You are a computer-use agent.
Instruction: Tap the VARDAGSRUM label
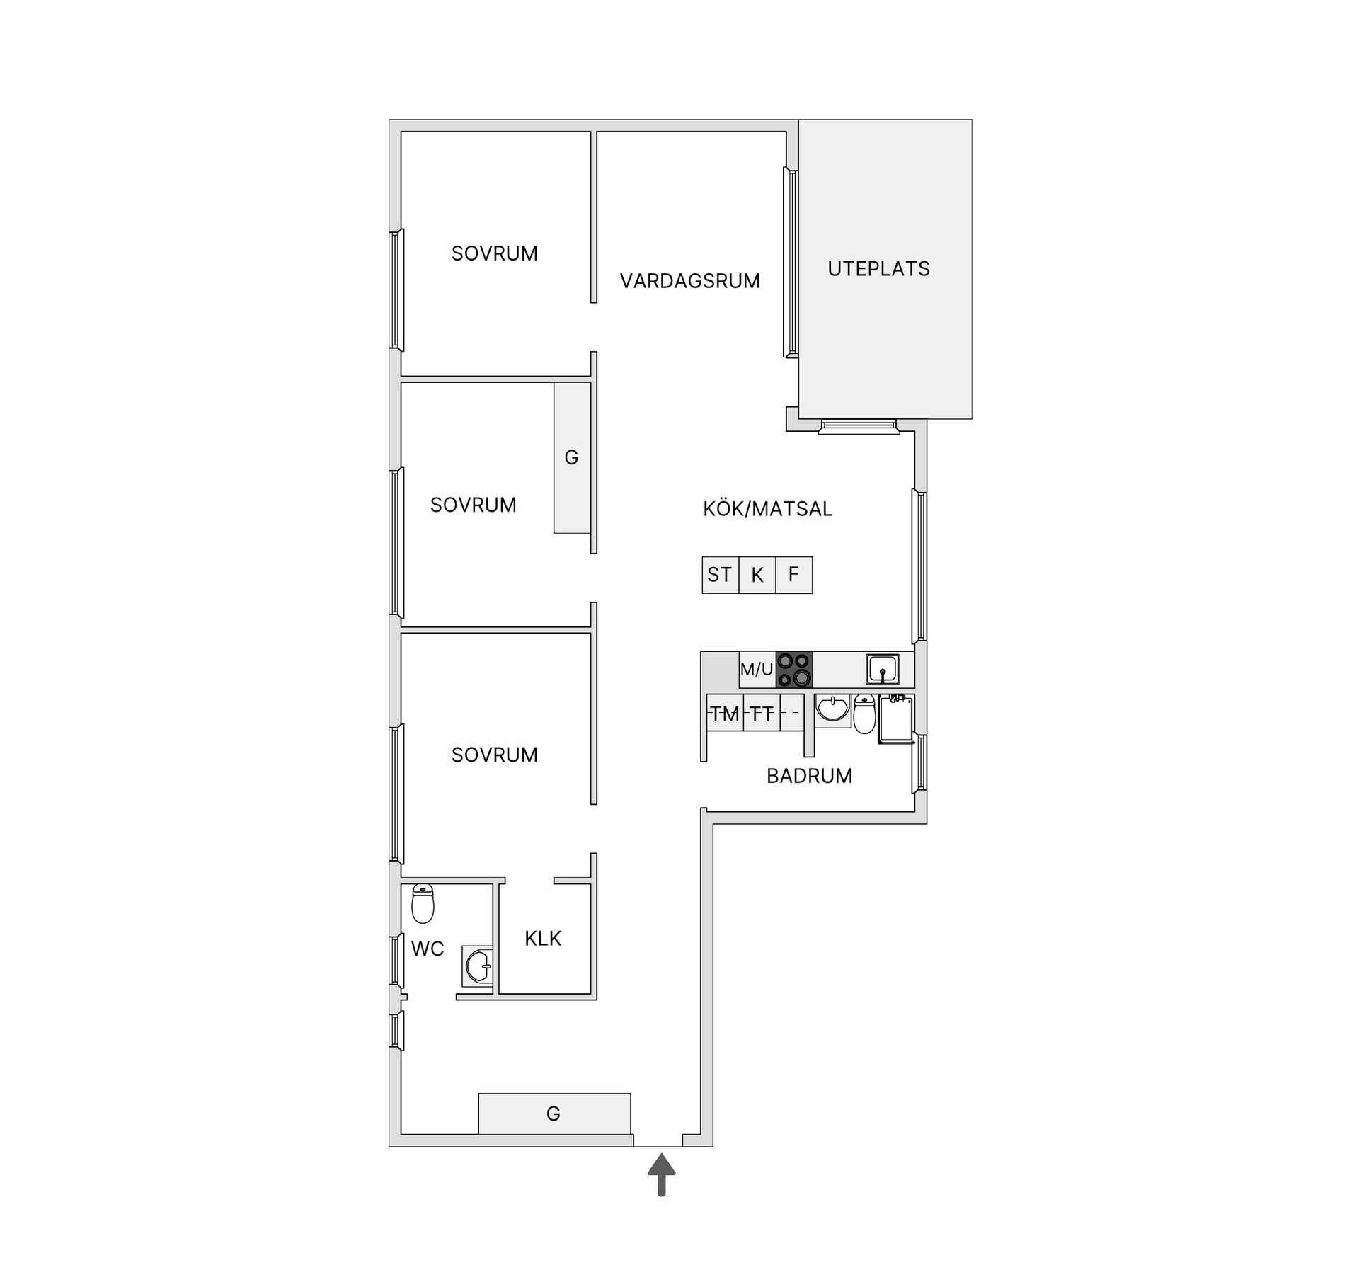tap(689, 281)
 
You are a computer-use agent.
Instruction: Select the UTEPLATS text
tap(878, 269)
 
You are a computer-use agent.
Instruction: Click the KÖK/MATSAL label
tap(767, 509)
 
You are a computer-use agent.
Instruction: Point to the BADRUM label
tap(809, 776)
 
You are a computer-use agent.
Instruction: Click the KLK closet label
tap(543, 939)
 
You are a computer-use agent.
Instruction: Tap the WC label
tap(428, 949)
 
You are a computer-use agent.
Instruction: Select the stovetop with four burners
tap(794, 670)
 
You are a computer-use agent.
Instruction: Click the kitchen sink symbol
tap(883, 669)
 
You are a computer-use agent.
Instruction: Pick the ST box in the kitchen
tap(720, 575)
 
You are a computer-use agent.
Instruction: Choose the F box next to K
tap(794, 575)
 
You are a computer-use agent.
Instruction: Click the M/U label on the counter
tap(757, 670)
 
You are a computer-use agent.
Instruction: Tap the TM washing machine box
tap(725, 714)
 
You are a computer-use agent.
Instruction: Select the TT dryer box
tap(762, 714)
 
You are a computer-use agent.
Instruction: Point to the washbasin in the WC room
tap(478, 966)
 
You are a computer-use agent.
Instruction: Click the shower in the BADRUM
tap(895, 719)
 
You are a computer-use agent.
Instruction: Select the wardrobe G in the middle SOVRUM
tap(572, 458)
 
